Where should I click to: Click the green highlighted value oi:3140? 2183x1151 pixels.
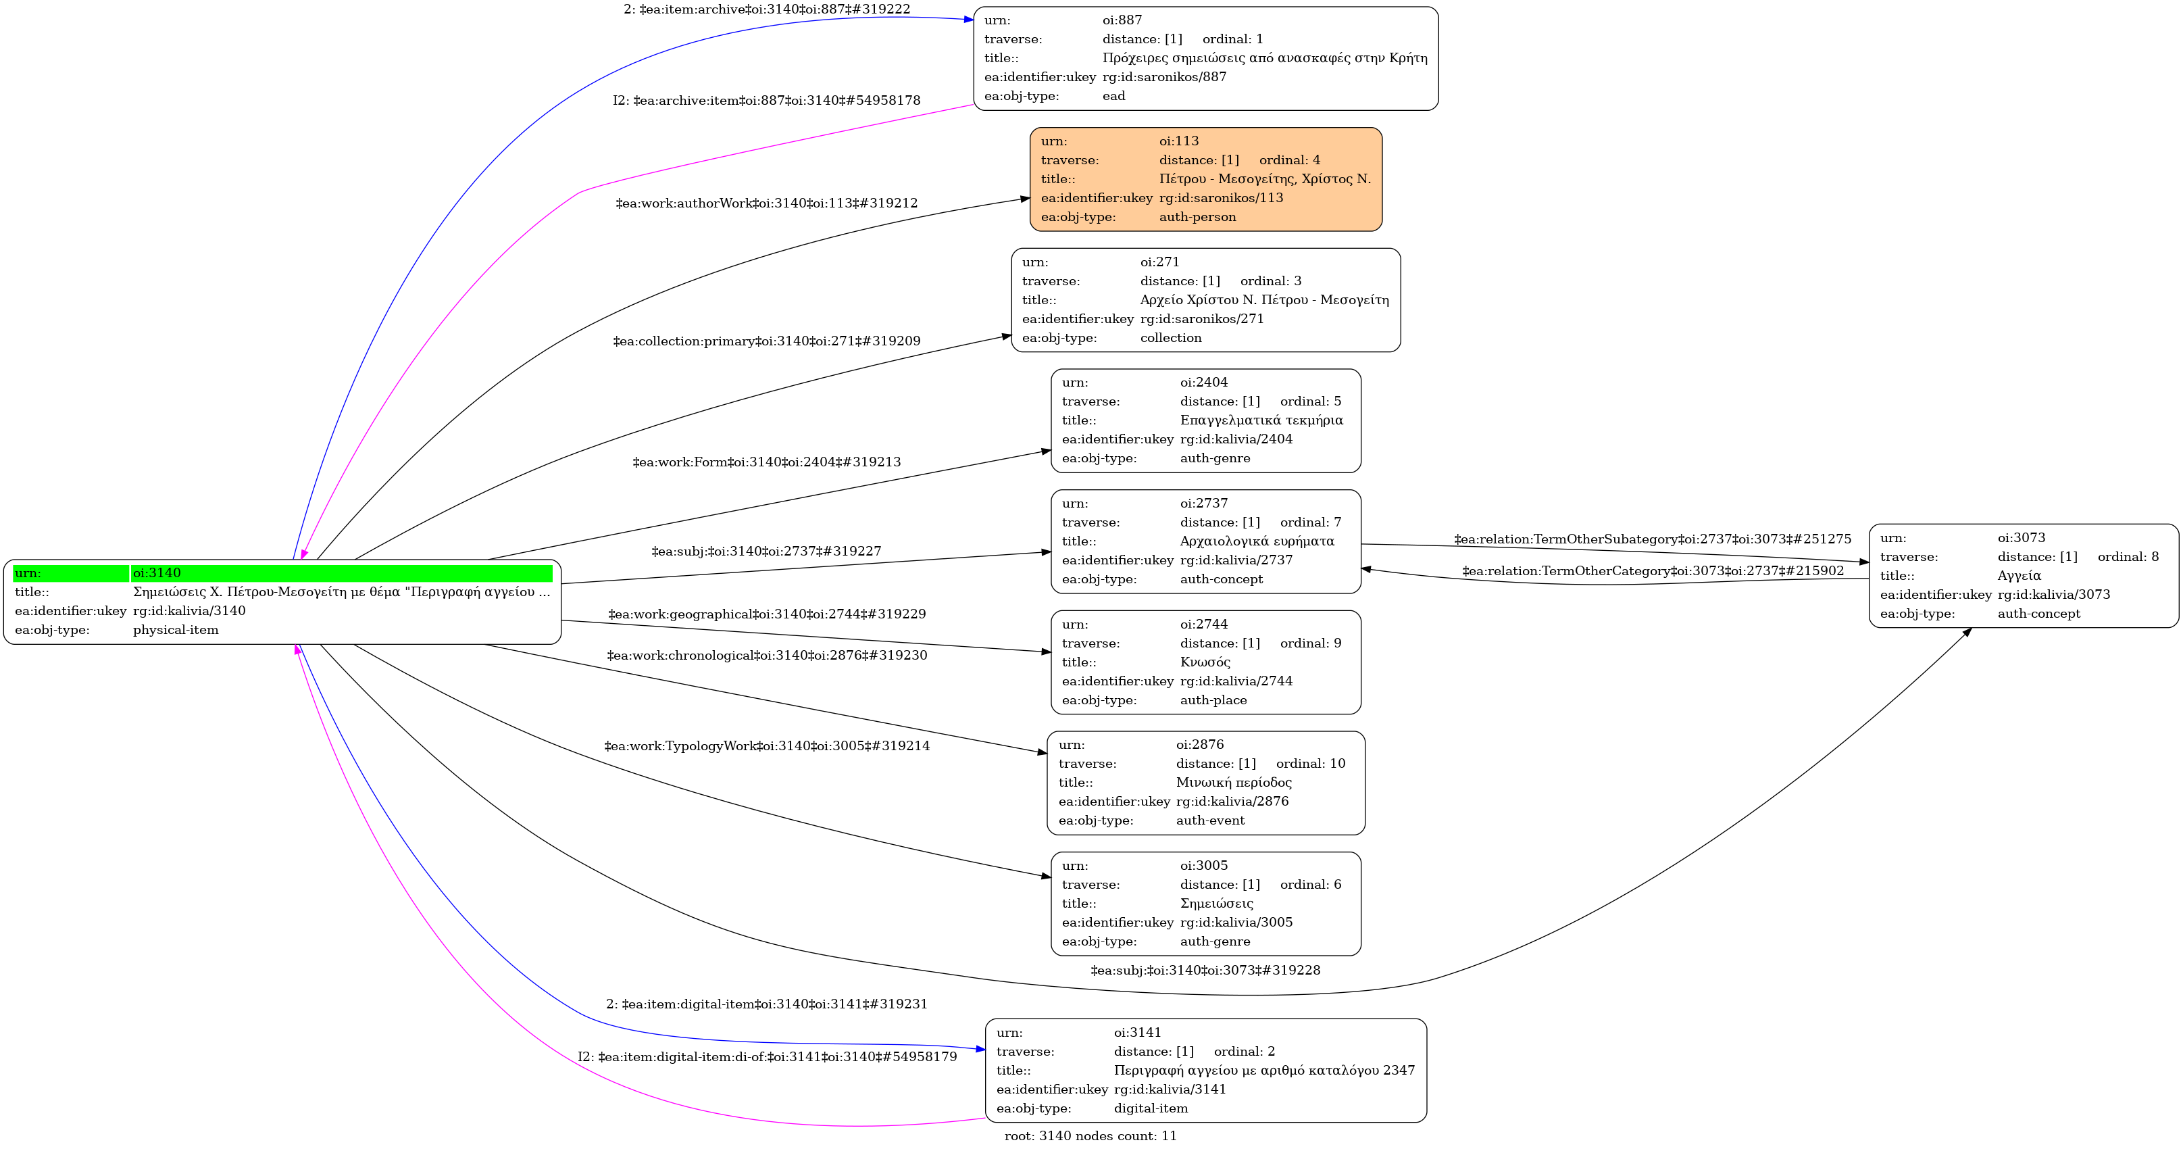[157, 573]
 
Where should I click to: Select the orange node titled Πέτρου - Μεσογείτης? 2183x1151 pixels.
[1205, 179]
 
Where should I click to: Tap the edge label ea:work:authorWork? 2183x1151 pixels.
[766, 203]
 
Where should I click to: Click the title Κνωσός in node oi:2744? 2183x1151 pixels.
[1204, 662]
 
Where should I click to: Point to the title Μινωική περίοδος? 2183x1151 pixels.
[1233, 782]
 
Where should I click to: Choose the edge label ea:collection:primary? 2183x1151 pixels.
[766, 341]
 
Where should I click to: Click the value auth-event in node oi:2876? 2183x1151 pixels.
[1209, 821]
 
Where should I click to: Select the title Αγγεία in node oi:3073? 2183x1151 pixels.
[2019, 576]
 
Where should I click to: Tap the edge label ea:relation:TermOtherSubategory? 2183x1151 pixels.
[1652, 539]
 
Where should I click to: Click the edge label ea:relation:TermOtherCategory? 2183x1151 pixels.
[1652, 571]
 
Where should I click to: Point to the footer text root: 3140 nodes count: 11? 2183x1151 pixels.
[1090, 1135]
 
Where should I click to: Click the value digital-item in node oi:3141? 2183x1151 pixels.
[1150, 1108]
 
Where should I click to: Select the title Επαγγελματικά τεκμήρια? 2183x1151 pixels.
[1261, 420]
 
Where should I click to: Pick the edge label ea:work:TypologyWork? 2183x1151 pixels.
[766, 746]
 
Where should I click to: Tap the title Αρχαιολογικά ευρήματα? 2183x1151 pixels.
[1257, 541]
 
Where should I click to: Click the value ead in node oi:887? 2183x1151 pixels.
[1113, 96]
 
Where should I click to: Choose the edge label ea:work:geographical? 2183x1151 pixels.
[766, 614]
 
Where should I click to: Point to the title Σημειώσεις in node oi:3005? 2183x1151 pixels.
[1216, 904]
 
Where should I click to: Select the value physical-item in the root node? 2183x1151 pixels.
[176, 630]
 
